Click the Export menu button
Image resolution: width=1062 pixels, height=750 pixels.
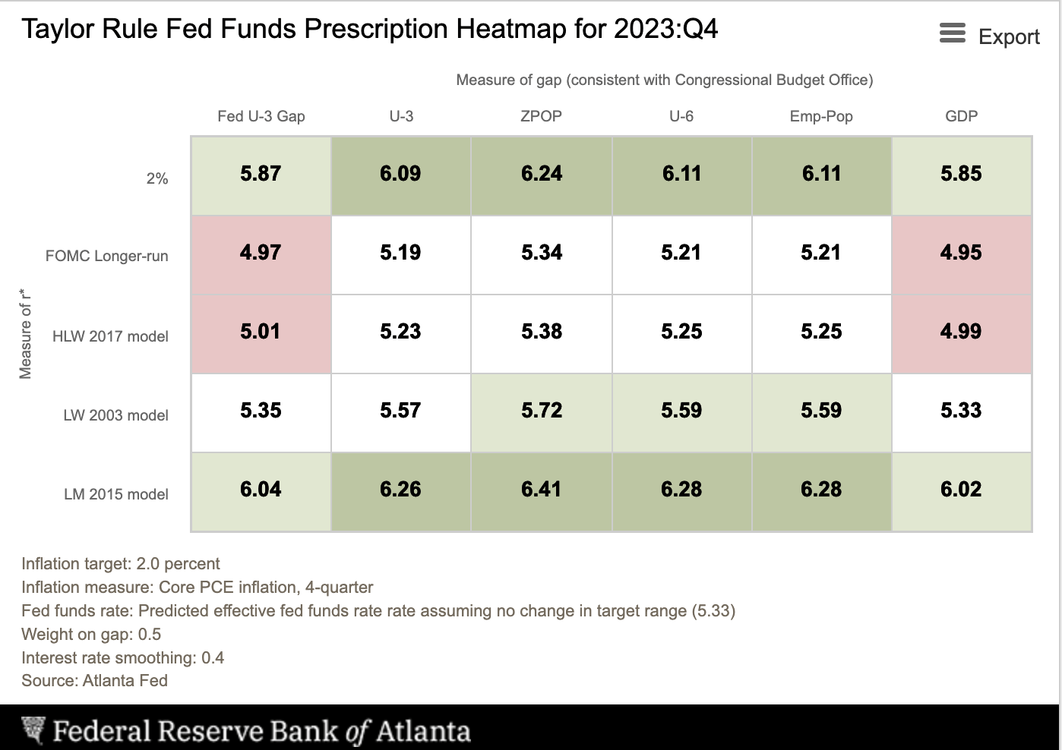989,36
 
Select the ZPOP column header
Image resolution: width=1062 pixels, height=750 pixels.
541,116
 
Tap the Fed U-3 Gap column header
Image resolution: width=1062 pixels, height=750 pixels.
261,116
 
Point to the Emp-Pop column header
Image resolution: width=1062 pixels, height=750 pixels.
821,116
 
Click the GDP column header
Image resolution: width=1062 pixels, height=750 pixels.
961,116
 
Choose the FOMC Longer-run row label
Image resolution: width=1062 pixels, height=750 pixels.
106,256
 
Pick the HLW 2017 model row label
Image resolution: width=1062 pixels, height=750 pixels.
110,336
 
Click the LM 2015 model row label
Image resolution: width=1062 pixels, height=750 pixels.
115,494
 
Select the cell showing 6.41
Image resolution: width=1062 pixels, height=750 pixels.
542,490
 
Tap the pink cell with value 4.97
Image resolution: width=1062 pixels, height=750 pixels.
261,253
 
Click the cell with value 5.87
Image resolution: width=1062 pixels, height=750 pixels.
261,174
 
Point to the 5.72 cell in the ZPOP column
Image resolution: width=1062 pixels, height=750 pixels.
542,411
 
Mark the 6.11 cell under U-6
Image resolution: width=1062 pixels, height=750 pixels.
681,174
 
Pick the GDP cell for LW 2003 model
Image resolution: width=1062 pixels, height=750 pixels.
961,411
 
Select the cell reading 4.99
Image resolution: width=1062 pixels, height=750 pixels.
961,332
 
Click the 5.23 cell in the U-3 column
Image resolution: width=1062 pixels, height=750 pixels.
400,332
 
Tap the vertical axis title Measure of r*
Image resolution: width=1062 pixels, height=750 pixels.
26,333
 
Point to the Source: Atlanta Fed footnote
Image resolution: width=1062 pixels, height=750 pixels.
94,680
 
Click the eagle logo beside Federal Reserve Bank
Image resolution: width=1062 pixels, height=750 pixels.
33,730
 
